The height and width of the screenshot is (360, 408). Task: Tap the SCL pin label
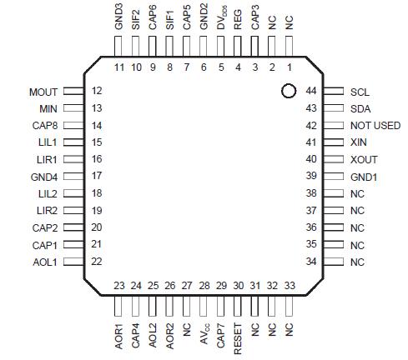(360, 92)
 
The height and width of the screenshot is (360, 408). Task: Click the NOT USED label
(375, 126)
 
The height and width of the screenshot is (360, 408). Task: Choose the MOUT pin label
(43, 92)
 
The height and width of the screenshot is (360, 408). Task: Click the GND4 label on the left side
(43, 176)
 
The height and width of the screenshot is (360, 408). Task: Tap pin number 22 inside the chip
(97, 262)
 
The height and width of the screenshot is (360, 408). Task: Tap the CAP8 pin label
(43, 126)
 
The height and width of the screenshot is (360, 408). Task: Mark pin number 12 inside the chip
(97, 91)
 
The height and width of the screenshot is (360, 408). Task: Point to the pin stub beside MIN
(74, 108)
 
